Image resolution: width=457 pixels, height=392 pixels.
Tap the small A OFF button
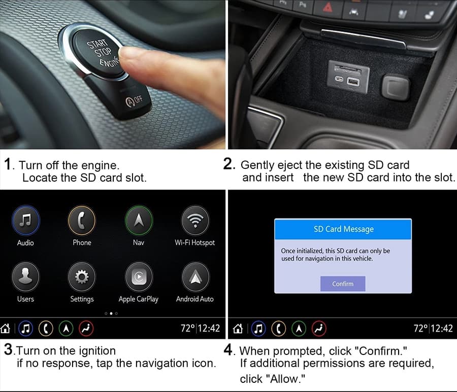(x=134, y=101)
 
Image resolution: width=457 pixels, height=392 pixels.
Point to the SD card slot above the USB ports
(x=347, y=69)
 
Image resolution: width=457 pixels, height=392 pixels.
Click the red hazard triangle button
(x=328, y=7)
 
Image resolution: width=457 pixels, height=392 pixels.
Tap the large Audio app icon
(x=26, y=220)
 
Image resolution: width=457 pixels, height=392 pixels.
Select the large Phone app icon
(x=82, y=220)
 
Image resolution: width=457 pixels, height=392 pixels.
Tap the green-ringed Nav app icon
(x=139, y=220)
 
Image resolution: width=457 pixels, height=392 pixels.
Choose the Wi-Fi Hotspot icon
(x=195, y=220)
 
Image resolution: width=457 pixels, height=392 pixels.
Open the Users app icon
(x=26, y=276)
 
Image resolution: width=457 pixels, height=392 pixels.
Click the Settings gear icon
(x=82, y=276)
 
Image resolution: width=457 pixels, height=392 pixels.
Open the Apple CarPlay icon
(x=139, y=276)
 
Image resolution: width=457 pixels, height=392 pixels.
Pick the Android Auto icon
(x=195, y=276)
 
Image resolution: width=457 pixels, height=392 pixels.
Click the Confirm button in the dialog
(x=343, y=284)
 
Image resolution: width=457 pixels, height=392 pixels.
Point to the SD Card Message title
(x=344, y=229)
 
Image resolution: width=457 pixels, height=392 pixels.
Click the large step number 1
(x=8, y=164)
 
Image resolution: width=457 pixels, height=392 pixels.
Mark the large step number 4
(x=228, y=349)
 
